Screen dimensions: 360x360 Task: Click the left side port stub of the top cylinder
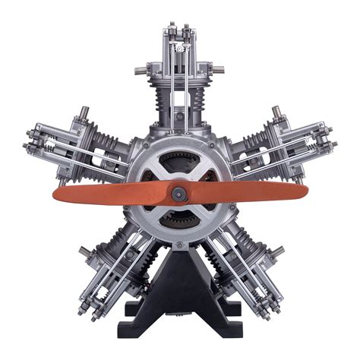(141, 71)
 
